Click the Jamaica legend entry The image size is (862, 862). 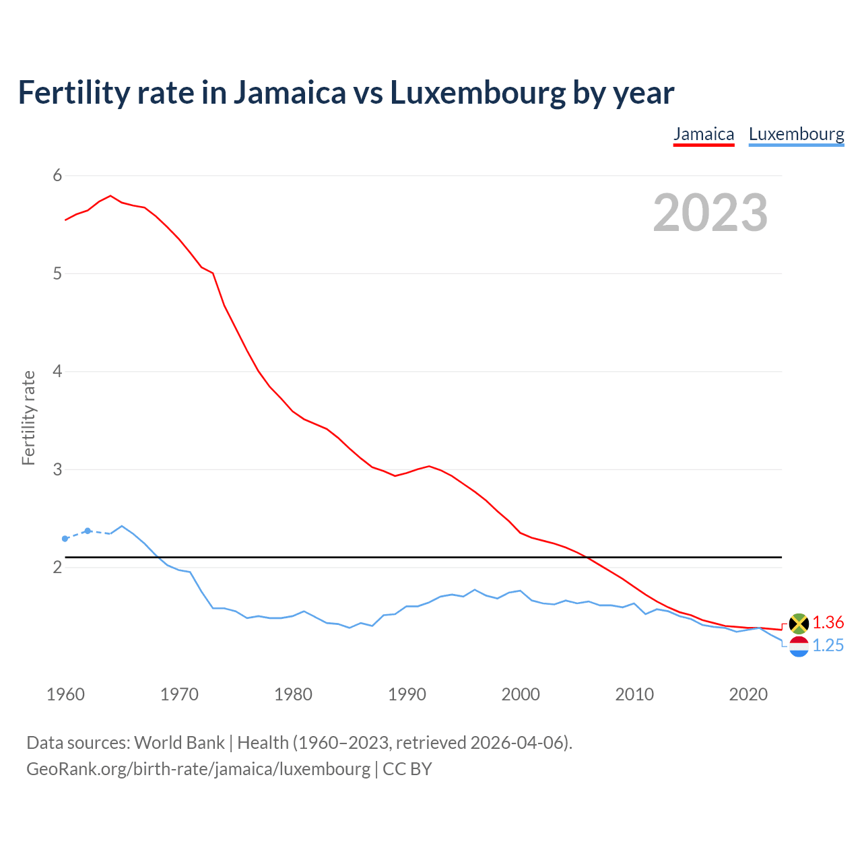tap(704, 134)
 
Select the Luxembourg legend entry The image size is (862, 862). tap(796, 134)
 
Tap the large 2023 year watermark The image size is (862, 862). tap(710, 213)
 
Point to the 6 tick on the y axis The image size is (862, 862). tap(57, 176)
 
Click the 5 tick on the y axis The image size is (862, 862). tap(57, 273)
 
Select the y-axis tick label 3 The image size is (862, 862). tap(57, 469)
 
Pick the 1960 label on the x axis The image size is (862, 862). tap(65, 694)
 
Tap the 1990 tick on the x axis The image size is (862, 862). tap(407, 694)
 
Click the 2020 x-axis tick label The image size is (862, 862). tap(748, 694)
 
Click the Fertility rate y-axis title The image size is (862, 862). tap(28, 418)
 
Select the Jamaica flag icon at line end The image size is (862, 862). tap(799, 623)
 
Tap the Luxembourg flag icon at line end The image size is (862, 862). tap(799, 646)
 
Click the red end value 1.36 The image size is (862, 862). tap(828, 622)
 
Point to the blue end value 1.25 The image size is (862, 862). tap(828, 646)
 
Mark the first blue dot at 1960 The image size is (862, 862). tap(65, 539)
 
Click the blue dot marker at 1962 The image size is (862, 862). tap(88, 531)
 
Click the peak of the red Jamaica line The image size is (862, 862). tap(110, 196)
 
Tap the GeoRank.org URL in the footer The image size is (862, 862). tap(198, 769)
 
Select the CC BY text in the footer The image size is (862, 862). tap(407, 769)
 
